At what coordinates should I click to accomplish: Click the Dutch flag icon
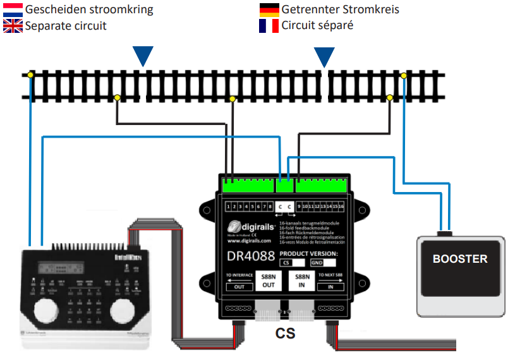pos(13,9)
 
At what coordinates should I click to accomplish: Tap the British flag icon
pos(13,26)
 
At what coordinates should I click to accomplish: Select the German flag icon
pos(269,9)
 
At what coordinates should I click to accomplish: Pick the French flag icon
pos(269,26)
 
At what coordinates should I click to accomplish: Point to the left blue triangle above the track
pos(144,56)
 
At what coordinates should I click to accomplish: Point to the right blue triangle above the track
pos(324,56)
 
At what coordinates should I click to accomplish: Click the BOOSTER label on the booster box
pos(460,259)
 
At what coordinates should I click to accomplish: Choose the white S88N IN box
pos(303,280)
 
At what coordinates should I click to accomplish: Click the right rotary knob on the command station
pos(123,309)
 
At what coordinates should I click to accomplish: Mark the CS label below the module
pos(284,333)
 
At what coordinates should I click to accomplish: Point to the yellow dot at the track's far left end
pos(30,76)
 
